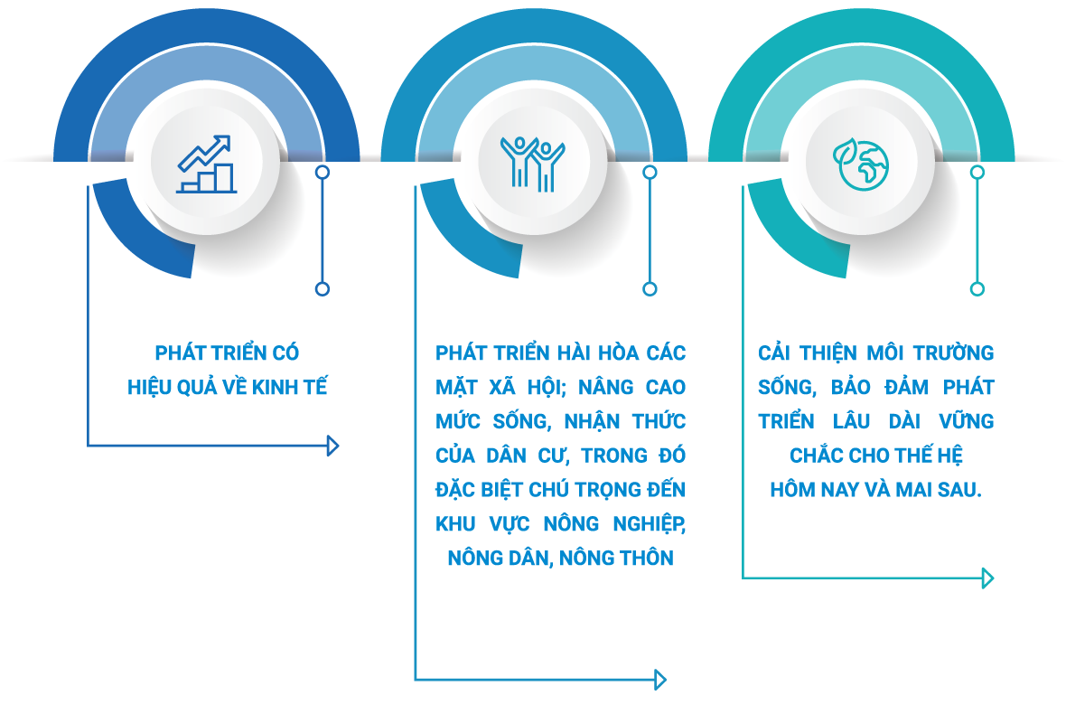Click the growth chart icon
click(206, 164)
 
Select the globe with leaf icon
click(861, 164)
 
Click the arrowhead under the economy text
click(333, 445)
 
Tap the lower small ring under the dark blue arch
click(323, 289)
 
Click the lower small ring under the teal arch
click(977, 289)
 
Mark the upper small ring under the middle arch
click(650, 171)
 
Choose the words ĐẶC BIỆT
click(473, 490)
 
